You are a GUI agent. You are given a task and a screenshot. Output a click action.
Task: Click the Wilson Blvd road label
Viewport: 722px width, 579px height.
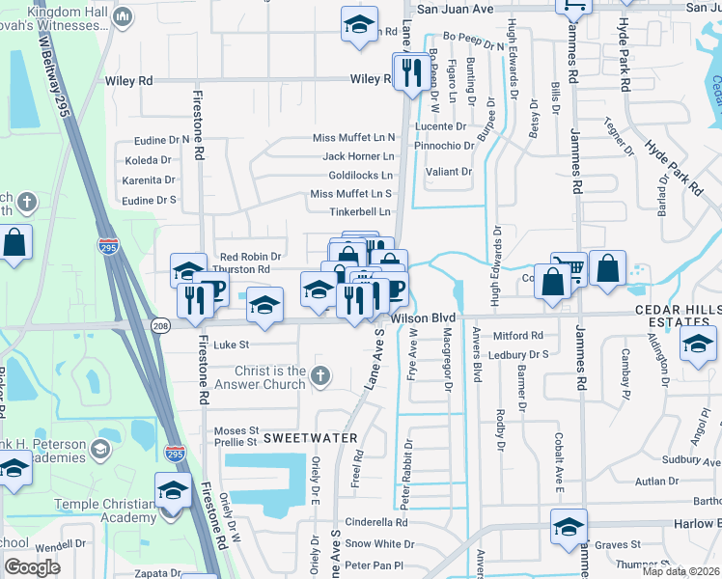422,317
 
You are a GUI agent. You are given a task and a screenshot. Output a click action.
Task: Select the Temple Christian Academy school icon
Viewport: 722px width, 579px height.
173,490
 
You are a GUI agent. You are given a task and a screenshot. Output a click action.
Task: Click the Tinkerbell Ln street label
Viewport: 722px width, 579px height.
360,211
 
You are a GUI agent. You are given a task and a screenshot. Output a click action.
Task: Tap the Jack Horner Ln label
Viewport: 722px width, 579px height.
358,155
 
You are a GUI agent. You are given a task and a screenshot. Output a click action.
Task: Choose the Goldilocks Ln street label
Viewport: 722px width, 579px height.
360,176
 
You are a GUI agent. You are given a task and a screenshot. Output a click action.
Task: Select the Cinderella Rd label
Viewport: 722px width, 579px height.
376,522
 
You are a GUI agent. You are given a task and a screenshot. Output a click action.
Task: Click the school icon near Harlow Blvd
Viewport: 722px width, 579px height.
569,527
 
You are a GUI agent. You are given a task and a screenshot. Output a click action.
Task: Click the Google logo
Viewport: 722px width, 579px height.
32,567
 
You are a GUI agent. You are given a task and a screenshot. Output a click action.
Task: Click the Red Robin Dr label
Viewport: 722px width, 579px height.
248,257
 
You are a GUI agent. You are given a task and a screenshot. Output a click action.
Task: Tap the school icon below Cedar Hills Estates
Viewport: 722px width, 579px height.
698,345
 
